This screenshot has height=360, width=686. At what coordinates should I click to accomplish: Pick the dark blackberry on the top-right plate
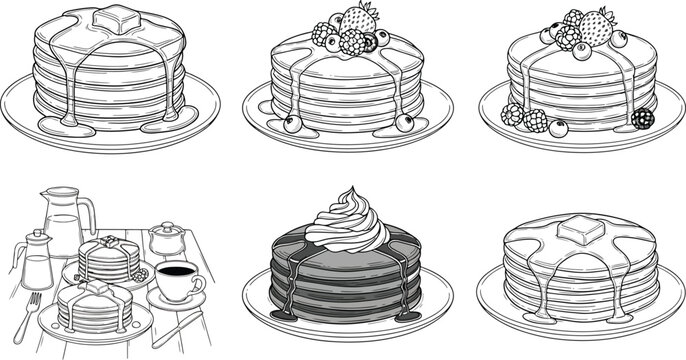coord(643,118)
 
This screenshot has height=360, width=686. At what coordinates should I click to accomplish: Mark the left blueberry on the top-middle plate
coord(292,124)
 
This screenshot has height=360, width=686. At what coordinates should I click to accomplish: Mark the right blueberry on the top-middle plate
coord(404,122)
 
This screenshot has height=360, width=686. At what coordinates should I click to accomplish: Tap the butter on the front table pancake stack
coord(98,287)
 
